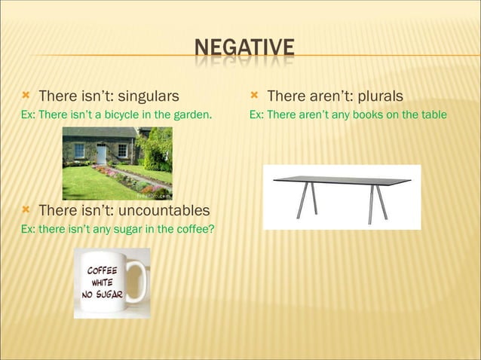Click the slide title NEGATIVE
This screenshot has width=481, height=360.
click(244, 50)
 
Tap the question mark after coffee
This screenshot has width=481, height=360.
click(211, 228)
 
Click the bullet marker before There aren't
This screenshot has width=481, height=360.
click(254, 96)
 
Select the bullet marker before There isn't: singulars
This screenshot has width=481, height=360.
click(26, 96)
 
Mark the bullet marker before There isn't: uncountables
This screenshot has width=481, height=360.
click(26, 209)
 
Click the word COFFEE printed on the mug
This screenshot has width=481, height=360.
click(102, 270)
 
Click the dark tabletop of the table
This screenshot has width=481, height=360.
click(342, 180)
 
